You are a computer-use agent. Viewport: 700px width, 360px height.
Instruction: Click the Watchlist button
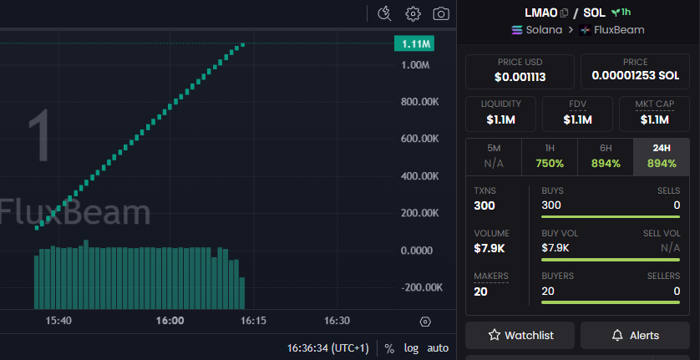(x=520, y=335)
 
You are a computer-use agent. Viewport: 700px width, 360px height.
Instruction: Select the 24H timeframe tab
(x=661, y=156)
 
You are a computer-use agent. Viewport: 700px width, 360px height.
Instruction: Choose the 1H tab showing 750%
(x=549, y=156)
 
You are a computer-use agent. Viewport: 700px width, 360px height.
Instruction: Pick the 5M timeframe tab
(x=493, y=156)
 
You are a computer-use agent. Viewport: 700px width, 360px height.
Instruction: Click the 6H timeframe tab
(x=605, y=156)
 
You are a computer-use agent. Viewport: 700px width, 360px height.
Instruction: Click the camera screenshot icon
(x=440, y=13)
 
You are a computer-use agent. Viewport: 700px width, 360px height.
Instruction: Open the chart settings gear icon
(x=413, y=13)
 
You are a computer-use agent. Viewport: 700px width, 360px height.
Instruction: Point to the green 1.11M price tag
(x=415, y=43)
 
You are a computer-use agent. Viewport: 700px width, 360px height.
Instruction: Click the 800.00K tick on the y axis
(x=420, y=102)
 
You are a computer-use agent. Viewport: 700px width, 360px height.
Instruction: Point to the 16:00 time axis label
(x=170, y=321)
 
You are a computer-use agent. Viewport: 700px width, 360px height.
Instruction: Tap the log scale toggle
(x=411, y=347)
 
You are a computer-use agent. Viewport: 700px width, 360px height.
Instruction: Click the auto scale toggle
(x=438, y=347)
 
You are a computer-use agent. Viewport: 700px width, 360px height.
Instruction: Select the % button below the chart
(x=388, y=347)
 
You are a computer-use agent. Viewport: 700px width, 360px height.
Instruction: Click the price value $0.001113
(x=520, y=77)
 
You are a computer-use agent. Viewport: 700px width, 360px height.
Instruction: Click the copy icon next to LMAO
(x=565, y=13)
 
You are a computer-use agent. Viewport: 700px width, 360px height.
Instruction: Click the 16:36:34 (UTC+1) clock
(x=327, y=347)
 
